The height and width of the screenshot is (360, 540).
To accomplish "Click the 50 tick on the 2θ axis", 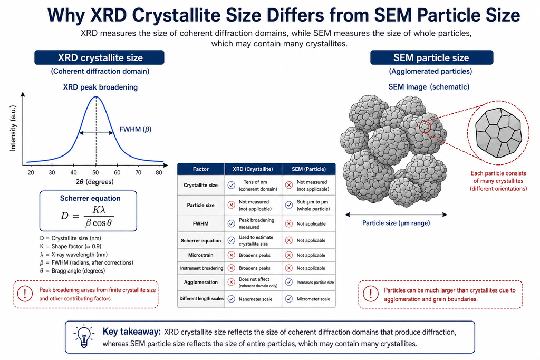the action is pos(96,172).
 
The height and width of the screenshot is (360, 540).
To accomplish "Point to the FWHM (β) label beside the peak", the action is pos(136,130).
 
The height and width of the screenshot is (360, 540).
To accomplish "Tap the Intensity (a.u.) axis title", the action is pos(13,129).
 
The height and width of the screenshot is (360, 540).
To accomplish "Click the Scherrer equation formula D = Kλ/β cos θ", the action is pos(88,216).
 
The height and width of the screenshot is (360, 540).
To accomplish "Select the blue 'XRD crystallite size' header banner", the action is pos(99,57).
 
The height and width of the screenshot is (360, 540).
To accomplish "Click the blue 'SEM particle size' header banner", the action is pos(431,57).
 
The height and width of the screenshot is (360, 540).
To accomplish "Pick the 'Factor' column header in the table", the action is pos(201,169).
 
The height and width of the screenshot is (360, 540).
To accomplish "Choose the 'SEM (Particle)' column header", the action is pos(308,169).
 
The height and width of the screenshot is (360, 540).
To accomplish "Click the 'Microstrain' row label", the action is pos(201,255).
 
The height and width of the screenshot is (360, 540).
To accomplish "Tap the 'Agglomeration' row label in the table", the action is pos(201,282).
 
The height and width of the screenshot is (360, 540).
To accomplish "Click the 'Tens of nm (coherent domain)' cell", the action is pos(258,186).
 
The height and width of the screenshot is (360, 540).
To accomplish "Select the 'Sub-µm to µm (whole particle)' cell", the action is pos(313,206).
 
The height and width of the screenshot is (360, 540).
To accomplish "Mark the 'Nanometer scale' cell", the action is pos(255,299).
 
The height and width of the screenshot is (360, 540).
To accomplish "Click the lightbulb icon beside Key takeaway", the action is pos(84,336).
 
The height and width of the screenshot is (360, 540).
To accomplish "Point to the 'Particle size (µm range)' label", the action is pos(396,223).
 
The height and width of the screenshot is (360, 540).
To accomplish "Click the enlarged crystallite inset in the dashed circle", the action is pos(498,133).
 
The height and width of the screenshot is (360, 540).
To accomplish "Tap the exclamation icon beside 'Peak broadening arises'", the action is pos(25,294).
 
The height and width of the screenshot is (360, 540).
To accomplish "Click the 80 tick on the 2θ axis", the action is pos(159,172).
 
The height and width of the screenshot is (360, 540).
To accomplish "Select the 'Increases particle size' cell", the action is pos(315,282).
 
